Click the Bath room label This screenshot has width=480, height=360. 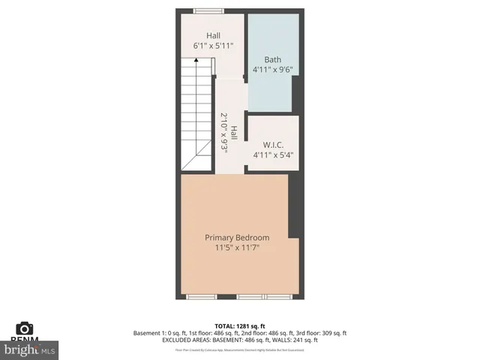coord(272,59)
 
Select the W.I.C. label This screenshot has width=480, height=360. coord(272,145)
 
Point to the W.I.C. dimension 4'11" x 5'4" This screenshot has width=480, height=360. coord(272,155)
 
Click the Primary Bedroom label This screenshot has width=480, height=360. coord(237,238)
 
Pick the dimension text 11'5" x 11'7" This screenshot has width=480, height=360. coord(237,248)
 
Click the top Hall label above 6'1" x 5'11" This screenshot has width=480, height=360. coord(214,35)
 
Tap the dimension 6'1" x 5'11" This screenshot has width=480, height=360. coord(214,46)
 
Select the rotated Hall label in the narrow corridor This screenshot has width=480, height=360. coord(234,133)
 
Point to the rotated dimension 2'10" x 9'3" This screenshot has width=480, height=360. coord(223,133)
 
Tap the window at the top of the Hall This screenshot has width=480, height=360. coord(201,10)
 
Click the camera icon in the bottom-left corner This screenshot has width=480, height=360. coord(25,328)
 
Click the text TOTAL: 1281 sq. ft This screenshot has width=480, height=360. coord(240,326)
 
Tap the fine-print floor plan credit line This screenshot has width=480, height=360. coord(240,349)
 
